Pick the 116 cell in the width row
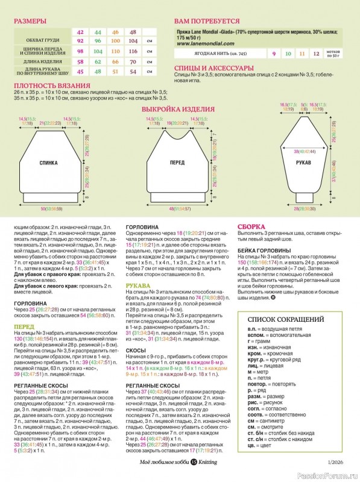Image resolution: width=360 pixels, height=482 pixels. [133, 52]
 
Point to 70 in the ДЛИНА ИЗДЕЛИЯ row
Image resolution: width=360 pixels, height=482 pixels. [133, 62]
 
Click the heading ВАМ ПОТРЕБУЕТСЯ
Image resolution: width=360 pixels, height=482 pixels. [206, 21]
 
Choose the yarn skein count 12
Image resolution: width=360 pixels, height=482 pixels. [315, 54]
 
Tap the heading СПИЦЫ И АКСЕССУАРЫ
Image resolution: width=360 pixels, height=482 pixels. [209, 68]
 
